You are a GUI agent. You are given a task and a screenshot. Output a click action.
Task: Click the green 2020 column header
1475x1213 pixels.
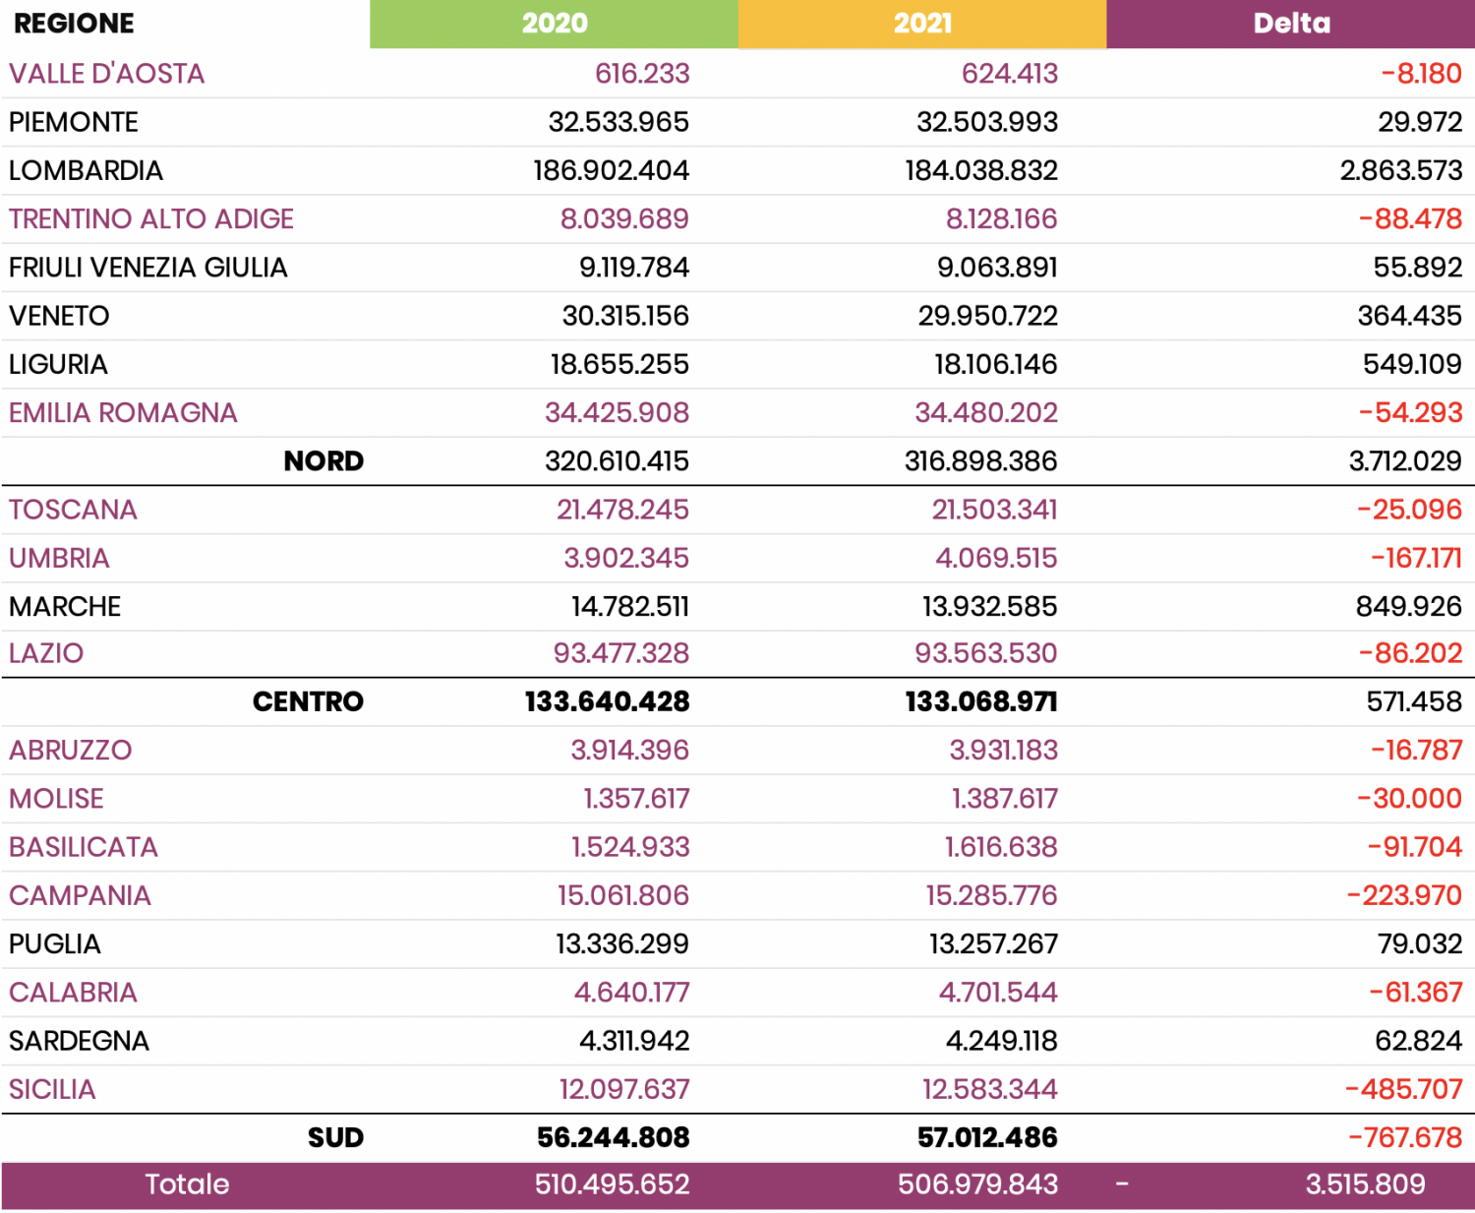click(x=554, y=24)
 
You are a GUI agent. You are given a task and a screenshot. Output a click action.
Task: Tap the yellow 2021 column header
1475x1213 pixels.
click(x=922, y=24)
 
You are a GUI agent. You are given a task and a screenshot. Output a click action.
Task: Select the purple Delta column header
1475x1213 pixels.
click(x=1290, y=24)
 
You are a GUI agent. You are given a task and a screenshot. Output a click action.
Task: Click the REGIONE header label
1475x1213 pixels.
click(x=74, y=24)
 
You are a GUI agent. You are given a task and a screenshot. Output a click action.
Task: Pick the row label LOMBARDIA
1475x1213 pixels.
click(x=86, y=170)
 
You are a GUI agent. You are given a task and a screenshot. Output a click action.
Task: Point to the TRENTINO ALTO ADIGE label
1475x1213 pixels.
click(x=151, y=218)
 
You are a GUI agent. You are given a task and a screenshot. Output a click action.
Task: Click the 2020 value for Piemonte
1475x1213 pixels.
click(x=619, y=122)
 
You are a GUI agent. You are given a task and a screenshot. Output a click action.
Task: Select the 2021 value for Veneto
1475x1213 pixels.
click(x=987, y=316)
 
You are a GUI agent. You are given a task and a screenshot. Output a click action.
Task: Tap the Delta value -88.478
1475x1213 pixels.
click(x=1410, y=218)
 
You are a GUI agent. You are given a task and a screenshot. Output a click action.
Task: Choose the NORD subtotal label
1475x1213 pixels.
click(x=324, y=460)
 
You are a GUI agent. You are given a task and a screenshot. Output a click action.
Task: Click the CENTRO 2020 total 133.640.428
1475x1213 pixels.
click(x=607, y=701)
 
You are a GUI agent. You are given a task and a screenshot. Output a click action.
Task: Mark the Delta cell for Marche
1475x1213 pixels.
click(x=1408, y=606)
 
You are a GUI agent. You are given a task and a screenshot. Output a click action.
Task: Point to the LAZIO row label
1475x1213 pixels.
click(x=46, y=653)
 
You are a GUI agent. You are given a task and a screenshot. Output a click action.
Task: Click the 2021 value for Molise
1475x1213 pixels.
click(x=1004, y=798)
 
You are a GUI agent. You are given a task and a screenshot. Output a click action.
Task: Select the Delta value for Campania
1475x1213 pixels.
click(x=1404, y=895)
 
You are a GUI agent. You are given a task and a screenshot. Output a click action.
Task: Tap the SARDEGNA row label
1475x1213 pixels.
click(x=79, y=1041)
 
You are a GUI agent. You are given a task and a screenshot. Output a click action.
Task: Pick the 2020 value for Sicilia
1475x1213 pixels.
click(x=623, y=1089)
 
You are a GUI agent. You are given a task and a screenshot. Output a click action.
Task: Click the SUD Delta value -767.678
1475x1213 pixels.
click(x=1405, y=1137)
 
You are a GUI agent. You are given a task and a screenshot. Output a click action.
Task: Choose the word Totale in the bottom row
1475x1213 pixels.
click(x=187, y=1183)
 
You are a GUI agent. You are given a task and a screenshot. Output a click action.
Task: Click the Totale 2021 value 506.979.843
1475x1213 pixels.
click(x=977, y=1183)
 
